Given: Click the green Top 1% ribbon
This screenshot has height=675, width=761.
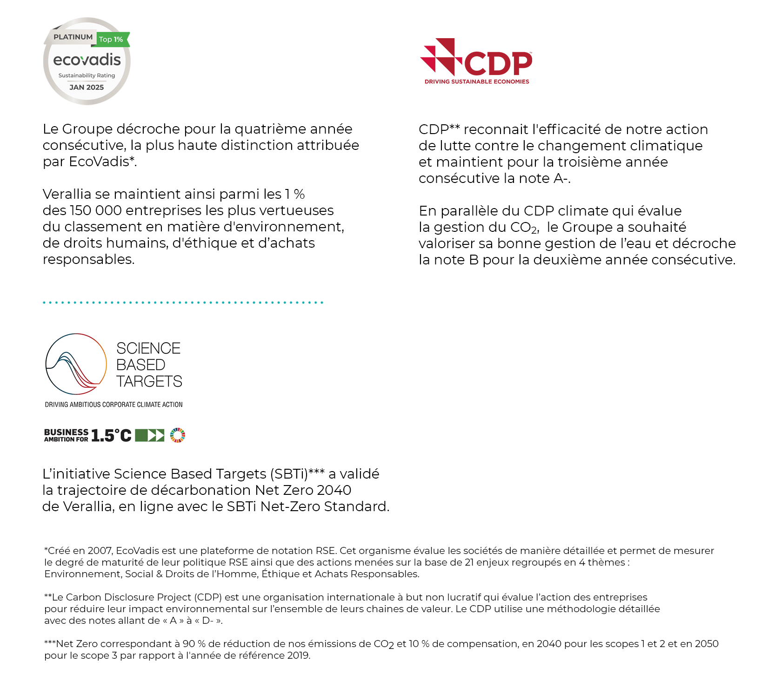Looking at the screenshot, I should (x=112, y=40).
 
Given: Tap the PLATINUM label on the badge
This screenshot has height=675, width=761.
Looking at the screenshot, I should (x=73, y=37).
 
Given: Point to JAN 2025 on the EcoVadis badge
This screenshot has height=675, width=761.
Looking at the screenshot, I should (x=87, y=88).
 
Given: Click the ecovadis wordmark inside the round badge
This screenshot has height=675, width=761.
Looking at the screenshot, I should (x=87, y=60).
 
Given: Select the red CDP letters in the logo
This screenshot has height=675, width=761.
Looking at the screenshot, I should (x=498, y=64).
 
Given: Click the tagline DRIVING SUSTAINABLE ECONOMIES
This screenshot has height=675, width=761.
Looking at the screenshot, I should (x=477, y=82).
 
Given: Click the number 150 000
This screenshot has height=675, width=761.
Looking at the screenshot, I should (x=96, y=210).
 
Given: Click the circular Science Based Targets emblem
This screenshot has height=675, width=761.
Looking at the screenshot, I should (x=76, y=364).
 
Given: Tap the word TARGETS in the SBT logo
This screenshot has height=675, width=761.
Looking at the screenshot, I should (x=149, y=382).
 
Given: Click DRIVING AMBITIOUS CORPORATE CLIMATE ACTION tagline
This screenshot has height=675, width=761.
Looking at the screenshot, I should (x=113, y=405).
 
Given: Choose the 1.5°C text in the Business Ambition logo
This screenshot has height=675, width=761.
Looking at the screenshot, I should (x=112, y=436).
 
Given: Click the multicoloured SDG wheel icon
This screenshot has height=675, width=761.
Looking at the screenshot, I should (x=178, y=435).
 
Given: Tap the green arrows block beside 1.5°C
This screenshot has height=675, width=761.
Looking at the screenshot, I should (x=150, y=435).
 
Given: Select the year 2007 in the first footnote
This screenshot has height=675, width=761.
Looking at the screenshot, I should (x=100, y=551).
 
